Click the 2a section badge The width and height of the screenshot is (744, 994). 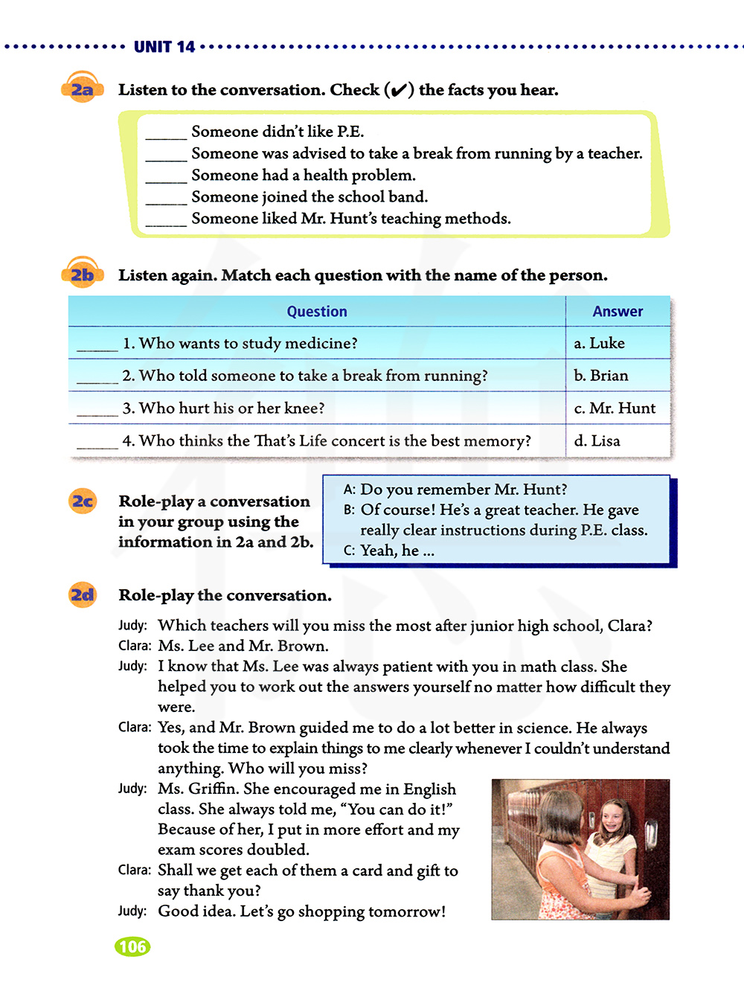point(82,90)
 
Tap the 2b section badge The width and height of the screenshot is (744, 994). point(82,275)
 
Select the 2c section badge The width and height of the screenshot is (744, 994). point(83,501)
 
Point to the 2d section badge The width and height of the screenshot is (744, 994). point(83,595)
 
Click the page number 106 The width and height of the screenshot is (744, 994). point(132,946)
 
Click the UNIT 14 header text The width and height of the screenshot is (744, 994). point(164,47)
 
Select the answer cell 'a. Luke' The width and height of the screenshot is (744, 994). point(600,343)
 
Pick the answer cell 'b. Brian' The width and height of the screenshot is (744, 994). point(601,376)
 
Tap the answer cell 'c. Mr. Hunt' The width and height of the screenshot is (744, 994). point(615,408)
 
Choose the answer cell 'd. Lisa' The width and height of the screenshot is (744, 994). point(597,441)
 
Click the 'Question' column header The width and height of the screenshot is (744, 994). point(317,312)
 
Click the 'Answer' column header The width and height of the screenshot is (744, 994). point(618,312)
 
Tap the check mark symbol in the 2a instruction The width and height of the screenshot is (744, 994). point(399,90)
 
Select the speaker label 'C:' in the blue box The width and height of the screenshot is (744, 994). point(349,551)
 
